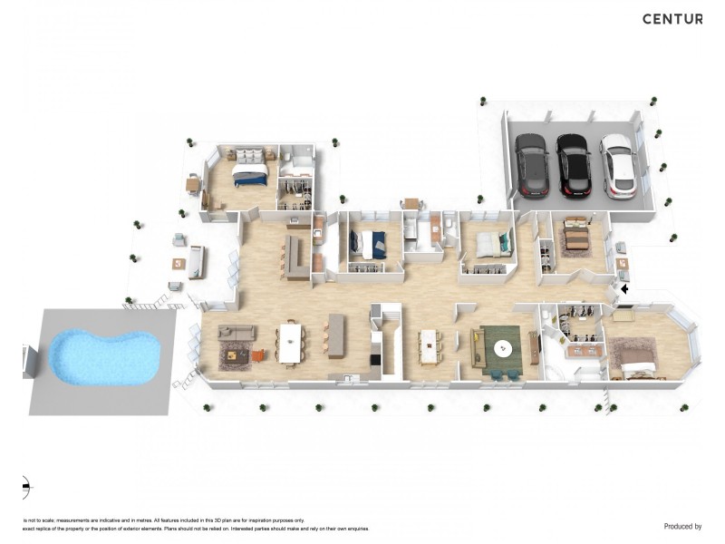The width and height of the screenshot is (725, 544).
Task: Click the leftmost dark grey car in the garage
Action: tap(529, 166)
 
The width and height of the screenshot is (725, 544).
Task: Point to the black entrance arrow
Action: tap(624, 289)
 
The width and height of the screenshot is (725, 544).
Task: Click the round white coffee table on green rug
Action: tap(503, 347)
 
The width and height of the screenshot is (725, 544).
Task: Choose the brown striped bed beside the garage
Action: tap(575, 238)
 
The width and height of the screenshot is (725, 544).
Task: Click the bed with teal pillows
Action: tap(489, 243)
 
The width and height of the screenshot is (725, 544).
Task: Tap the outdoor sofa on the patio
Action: tap(196, 262)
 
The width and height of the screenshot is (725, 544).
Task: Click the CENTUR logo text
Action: tap(672, 19)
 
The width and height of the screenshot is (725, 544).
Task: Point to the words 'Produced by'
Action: tap(682, 526)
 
